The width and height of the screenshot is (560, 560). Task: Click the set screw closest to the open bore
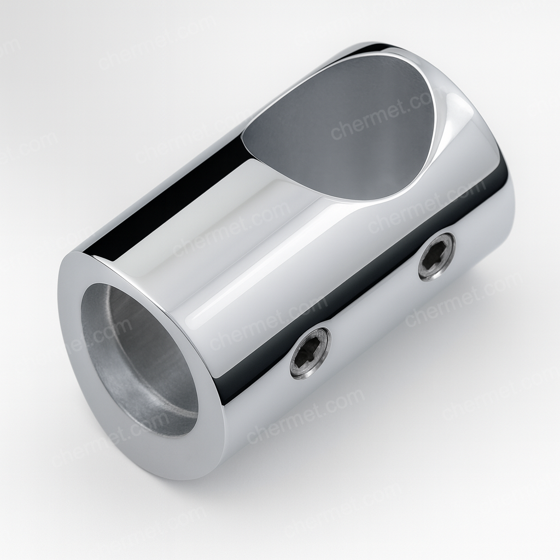pyautogui.click(x=310, y=349)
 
